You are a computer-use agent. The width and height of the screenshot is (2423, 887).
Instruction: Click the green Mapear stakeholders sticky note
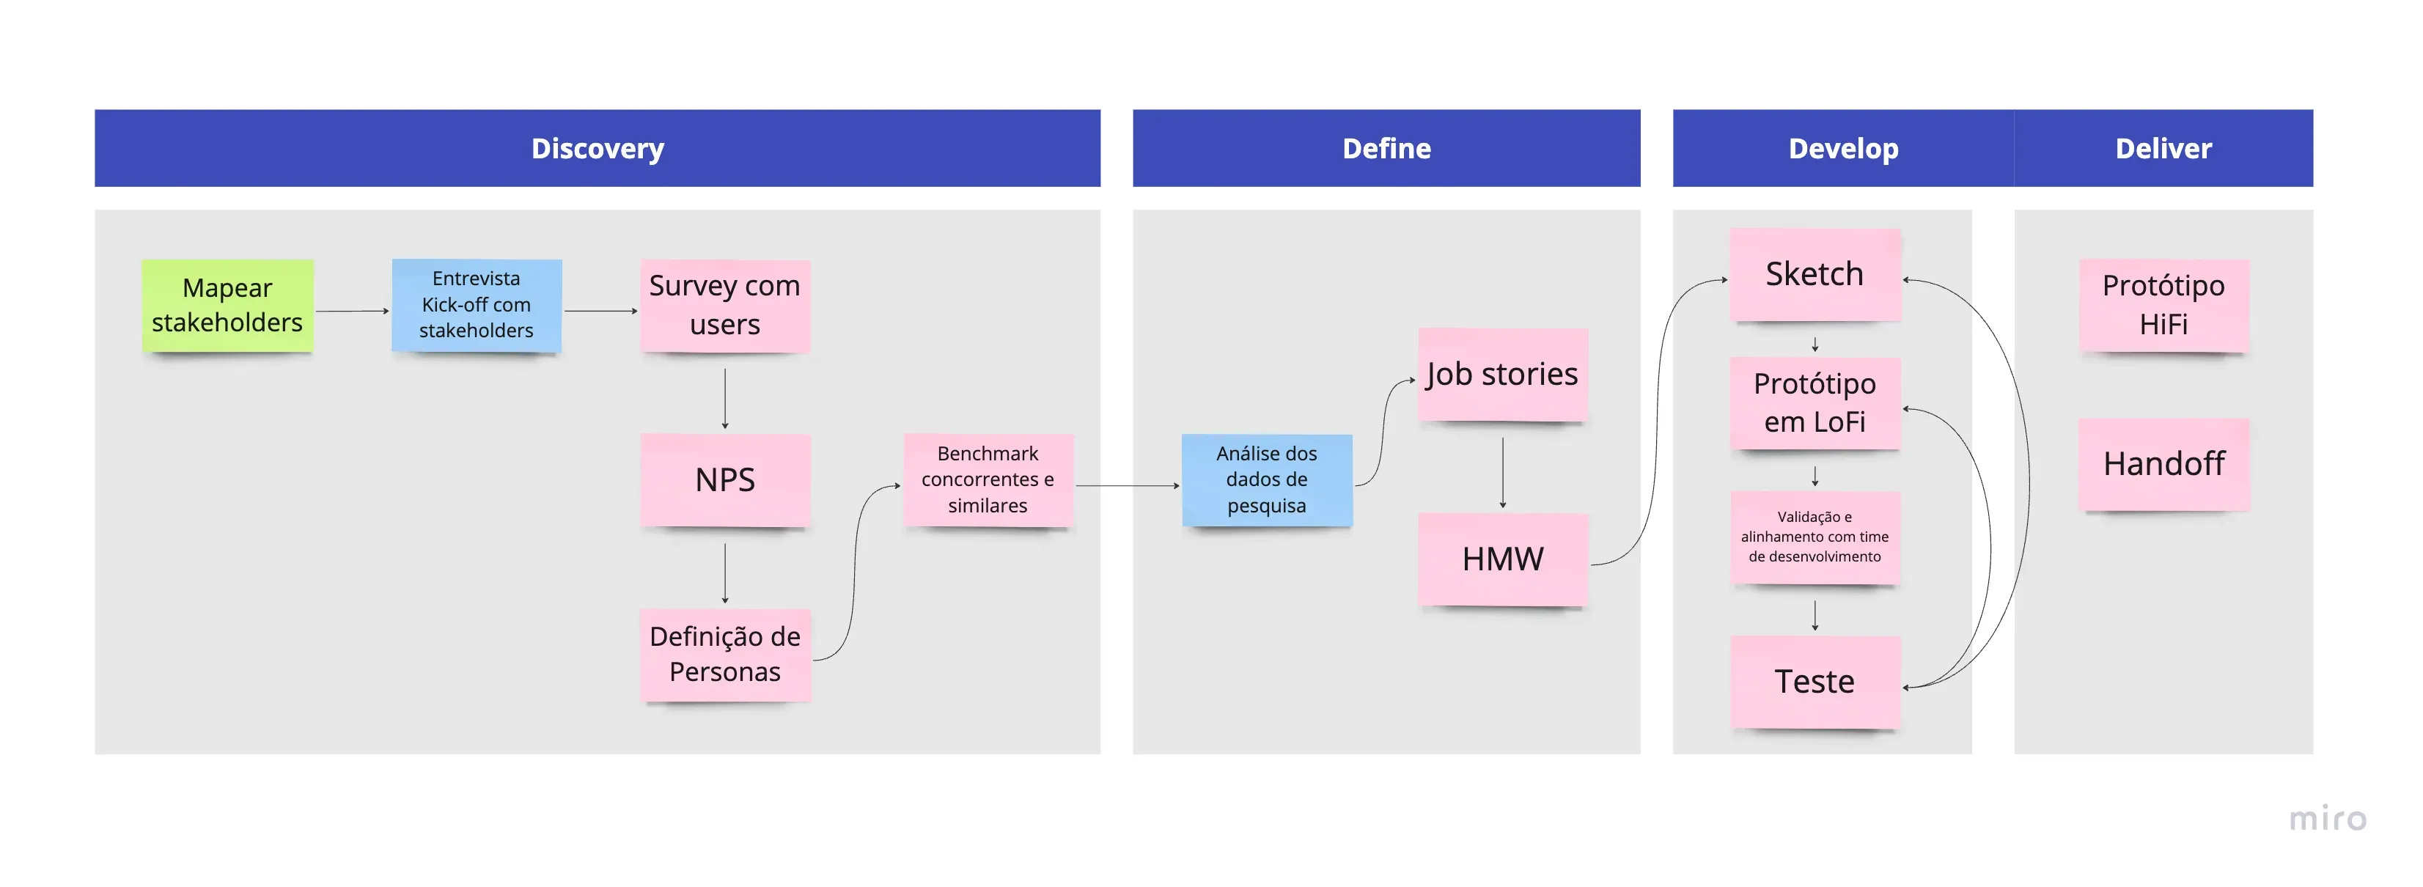[227, 305]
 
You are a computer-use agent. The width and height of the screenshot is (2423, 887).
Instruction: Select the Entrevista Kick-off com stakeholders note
[476, 305]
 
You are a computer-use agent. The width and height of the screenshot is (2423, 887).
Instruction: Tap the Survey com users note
[724, 305]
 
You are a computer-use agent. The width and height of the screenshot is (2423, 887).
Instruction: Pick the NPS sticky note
[724, 479]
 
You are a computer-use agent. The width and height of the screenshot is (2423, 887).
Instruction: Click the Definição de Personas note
[724, 654]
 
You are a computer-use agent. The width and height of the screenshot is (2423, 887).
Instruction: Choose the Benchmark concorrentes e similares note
[988, 479]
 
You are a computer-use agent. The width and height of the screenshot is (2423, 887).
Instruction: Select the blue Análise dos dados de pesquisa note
[1266, 479]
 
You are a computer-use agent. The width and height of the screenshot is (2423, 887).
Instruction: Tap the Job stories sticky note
[1502, 375]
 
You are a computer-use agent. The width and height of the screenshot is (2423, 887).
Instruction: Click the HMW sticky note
[1502, 559]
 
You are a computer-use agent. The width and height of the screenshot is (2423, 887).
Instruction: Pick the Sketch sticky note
[1815, 273]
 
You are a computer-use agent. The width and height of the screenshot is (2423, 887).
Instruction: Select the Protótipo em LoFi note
[1815, 402]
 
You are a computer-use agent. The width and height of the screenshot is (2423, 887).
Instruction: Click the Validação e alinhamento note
[1815, 537]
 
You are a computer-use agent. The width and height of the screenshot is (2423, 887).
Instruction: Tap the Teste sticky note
[1815, 681]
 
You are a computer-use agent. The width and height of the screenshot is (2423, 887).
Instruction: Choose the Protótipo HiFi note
[2163, 305]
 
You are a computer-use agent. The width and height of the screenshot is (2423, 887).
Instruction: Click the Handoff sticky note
[2163, 464]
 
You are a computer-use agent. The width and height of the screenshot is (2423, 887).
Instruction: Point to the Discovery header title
[598, 149]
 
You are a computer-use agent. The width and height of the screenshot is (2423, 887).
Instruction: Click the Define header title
[1386, 149]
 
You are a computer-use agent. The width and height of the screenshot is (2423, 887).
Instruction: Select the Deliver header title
[2163, 149]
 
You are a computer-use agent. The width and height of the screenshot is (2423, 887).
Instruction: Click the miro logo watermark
[2327, 818]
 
